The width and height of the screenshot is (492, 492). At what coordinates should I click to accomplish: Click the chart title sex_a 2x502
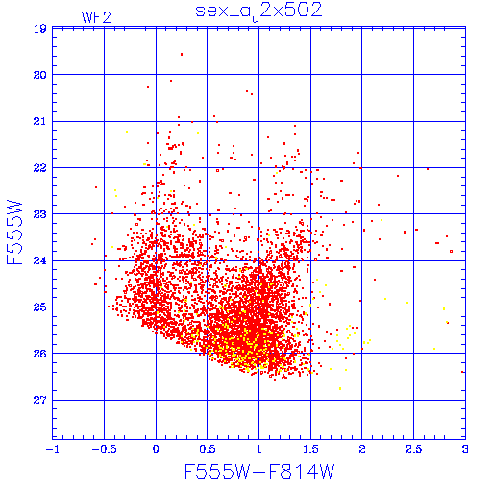click(258, 12)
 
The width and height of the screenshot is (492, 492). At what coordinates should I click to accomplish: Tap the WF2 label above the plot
click(96, 17)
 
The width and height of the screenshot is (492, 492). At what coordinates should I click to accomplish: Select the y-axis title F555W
click(14, 233)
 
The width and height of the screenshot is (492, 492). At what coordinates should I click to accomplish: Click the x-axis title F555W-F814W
click(259, 471)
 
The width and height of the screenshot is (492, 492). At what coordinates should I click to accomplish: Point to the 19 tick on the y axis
click(40, 29)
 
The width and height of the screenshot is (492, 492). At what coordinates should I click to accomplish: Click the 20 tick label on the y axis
click(40, 75)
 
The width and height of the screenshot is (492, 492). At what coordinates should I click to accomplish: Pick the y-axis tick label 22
click(40, 168)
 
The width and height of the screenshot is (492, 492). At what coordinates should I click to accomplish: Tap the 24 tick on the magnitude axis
click(40, 261)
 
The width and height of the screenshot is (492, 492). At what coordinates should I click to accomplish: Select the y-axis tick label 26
click(40, 354)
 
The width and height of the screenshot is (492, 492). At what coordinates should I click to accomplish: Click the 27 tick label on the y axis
click(40, 400)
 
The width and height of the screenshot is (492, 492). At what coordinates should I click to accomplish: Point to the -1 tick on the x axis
click(53, 449)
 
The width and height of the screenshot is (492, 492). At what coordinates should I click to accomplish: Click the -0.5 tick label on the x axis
click(103, 449)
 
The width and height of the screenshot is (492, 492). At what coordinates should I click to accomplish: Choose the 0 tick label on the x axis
click(156, 449)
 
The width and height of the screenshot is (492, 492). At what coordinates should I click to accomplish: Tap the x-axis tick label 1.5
click(310, 449)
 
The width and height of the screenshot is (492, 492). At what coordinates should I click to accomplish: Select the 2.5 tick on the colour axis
click(413, 449)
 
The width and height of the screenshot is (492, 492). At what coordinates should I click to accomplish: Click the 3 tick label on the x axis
click(465, 449)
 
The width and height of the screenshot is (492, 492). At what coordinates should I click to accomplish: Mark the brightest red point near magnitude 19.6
click(182, 55)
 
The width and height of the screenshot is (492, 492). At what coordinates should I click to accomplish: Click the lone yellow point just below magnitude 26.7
click(340, 389)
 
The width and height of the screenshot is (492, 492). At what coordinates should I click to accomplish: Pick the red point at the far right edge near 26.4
click(462, 372)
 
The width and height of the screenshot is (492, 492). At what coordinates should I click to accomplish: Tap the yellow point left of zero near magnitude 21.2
click(127, 132)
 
